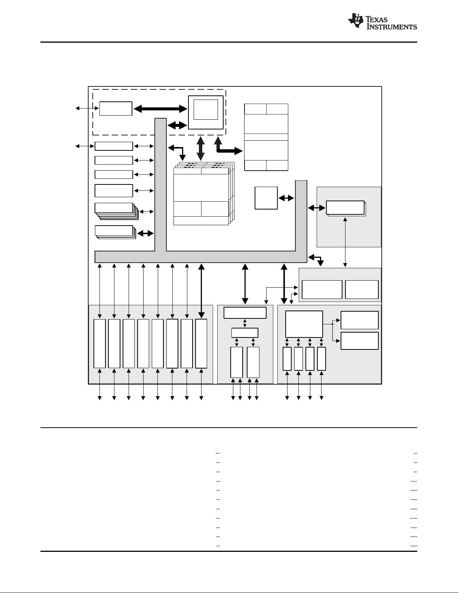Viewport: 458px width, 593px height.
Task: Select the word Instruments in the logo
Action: (x=392, y=27)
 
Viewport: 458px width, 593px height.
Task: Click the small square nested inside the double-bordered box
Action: (x=206, y=109)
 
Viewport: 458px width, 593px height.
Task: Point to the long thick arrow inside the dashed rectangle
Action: (x=160, y=109)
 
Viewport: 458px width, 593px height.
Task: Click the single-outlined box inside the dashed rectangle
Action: (x=116, y=108)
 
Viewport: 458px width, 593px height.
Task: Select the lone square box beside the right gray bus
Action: (x=266, y=198)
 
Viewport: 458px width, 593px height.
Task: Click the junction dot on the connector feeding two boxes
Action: (x=332, y=324)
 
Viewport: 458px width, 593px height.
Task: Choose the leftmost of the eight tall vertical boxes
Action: (x=99, y=343)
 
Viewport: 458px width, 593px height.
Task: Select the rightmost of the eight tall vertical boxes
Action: (x=201, y=343)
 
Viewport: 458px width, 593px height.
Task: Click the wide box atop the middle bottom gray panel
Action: (x=245, y=312)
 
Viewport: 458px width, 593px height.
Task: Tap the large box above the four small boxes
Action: (x=304, y=324)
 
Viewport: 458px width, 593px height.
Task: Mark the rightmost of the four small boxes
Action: (x=322, y=359)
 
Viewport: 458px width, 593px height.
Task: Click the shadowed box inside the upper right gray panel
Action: (x=345, y=208)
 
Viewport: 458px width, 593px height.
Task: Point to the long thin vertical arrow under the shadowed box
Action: (x=345, y=242)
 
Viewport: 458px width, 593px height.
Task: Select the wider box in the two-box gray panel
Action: (x=322, y=290)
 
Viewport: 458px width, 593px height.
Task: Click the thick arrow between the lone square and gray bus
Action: (x=286, y=198)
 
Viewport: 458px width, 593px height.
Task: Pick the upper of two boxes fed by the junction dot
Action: (x=360, y=320)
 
